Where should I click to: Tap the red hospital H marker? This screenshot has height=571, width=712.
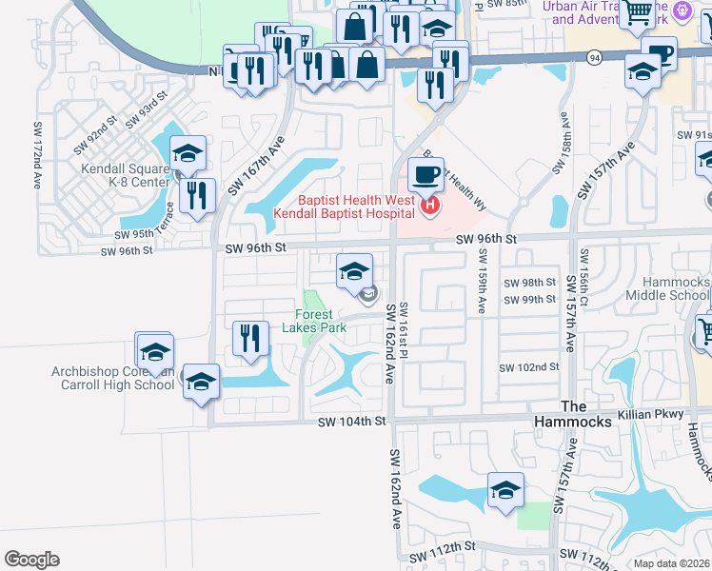tap(430, 205)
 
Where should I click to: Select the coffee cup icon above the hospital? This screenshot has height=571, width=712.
tap(425, 176)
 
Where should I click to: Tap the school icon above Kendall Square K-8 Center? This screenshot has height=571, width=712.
tap(188, 154)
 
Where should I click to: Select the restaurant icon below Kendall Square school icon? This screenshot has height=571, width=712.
tap(197, 196)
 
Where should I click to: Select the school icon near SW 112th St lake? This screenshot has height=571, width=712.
tap(504, 491)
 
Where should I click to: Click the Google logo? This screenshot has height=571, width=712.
tap(31, 560)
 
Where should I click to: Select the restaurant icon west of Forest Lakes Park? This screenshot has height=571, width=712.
tap(250, 338)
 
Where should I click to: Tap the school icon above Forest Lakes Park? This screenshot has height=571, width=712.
tap(354, 273)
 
